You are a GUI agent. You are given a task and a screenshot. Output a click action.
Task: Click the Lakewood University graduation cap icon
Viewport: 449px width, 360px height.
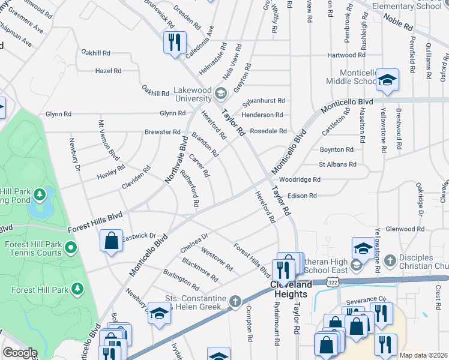221,93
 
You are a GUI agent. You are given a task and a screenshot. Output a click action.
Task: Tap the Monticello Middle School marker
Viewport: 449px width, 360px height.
387,79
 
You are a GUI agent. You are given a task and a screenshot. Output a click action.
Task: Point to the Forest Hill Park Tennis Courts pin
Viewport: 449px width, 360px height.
71,247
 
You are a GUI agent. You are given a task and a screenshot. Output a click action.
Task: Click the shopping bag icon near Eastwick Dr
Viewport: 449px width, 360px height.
112,241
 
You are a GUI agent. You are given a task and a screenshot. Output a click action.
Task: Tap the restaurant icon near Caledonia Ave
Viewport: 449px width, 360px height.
175,42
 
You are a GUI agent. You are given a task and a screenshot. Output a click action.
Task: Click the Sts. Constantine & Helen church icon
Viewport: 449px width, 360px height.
235,300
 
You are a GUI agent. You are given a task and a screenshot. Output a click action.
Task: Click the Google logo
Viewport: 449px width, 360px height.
20,352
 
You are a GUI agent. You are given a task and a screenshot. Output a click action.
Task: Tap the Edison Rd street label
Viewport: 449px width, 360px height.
301,196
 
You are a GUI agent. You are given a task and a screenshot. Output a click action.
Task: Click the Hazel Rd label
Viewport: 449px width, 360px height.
108,71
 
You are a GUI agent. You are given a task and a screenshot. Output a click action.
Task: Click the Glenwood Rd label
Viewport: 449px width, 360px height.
405,229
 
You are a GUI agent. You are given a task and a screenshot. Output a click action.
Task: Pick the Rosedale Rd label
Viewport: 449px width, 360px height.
268,131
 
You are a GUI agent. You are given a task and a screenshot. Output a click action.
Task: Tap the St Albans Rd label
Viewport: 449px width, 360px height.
337,164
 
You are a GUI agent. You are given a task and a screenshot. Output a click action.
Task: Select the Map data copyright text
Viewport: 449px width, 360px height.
424,355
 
